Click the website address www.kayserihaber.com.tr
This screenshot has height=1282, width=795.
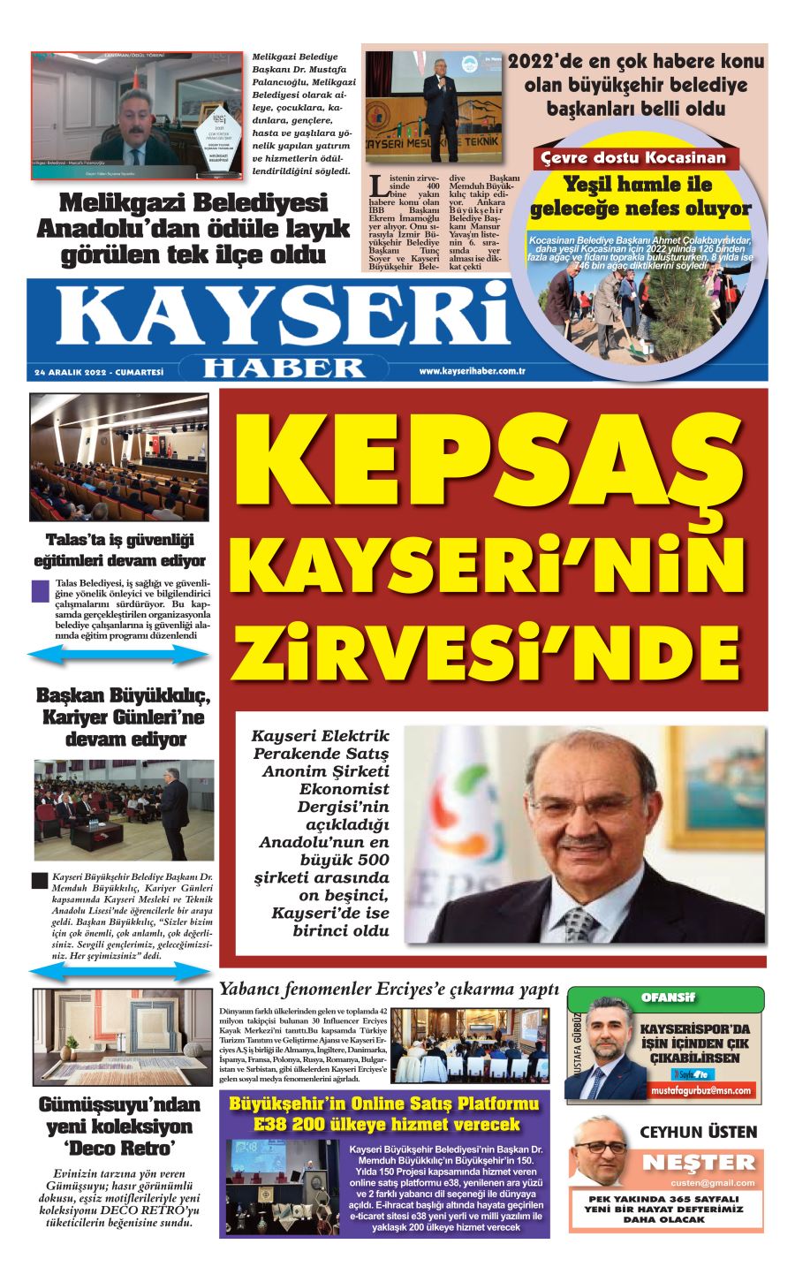coord(473,372)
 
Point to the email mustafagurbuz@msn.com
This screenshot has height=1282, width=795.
coord(701,1090)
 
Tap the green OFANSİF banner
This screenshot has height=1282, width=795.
coord(668,998)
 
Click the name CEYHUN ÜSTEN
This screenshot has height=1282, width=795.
coord(698,1132)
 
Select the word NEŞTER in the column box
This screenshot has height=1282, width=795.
coord(699,1163)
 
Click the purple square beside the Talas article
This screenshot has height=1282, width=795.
coord(40,590)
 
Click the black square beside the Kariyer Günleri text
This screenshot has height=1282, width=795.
coord(39,880)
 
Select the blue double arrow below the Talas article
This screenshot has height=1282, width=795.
coord(118,655)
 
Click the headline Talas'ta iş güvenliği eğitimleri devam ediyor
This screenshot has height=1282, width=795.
coord(119,550)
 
